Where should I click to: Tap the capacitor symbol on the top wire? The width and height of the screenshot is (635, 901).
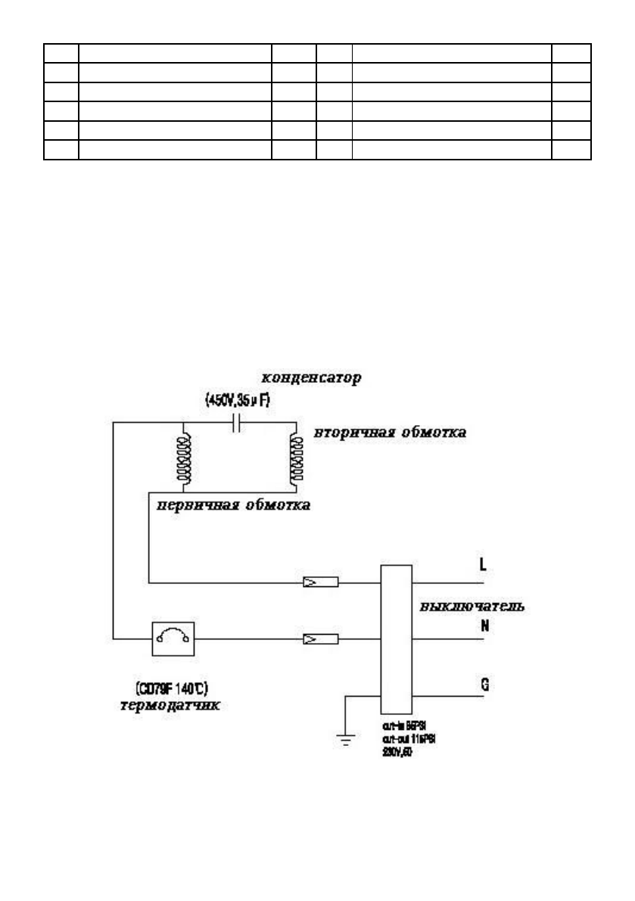pos(237,424)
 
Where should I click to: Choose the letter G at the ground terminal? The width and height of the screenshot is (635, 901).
pos(485,685)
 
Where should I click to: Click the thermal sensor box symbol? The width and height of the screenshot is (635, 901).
pos(174,640)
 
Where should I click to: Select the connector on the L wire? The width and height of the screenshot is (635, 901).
pos(319,583)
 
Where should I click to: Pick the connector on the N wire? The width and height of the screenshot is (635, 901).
pos(319,640)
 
